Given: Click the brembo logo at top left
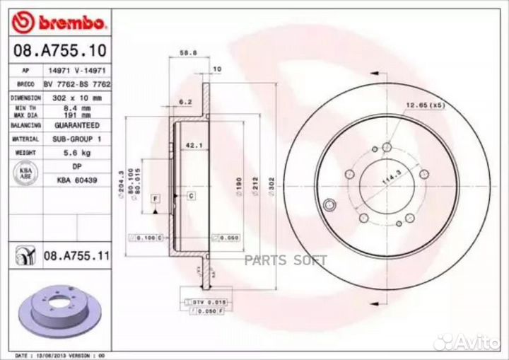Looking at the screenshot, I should tap(59, 23).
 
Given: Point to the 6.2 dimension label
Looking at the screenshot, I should tap(186, 103).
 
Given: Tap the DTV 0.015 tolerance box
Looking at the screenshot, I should tap(201, 302).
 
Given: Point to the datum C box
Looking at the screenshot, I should tap(190, 194).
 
